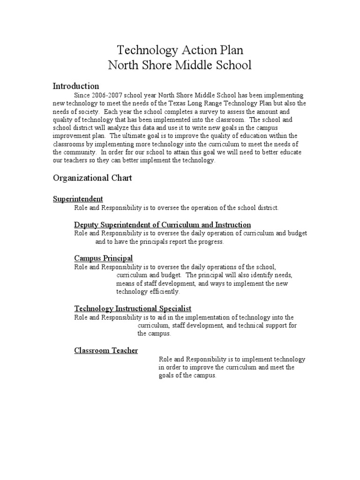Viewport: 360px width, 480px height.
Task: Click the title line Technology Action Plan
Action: click(x=180, y=50)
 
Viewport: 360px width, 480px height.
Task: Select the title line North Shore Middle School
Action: click(x=180, y=65)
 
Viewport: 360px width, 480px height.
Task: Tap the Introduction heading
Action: click(x=76, y=86)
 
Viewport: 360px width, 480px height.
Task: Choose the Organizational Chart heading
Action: click(x=92, y=178)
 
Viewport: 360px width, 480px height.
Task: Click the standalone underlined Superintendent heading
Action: click(x=78, y=199)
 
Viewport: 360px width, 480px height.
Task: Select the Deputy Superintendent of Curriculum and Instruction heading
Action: click(x=162, y=225)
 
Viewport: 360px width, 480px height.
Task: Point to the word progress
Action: click(x=211, y=241)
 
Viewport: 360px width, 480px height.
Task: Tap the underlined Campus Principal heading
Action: click(x=103, y=258)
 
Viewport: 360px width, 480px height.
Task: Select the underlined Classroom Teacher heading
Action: click(x=106, y=350)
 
